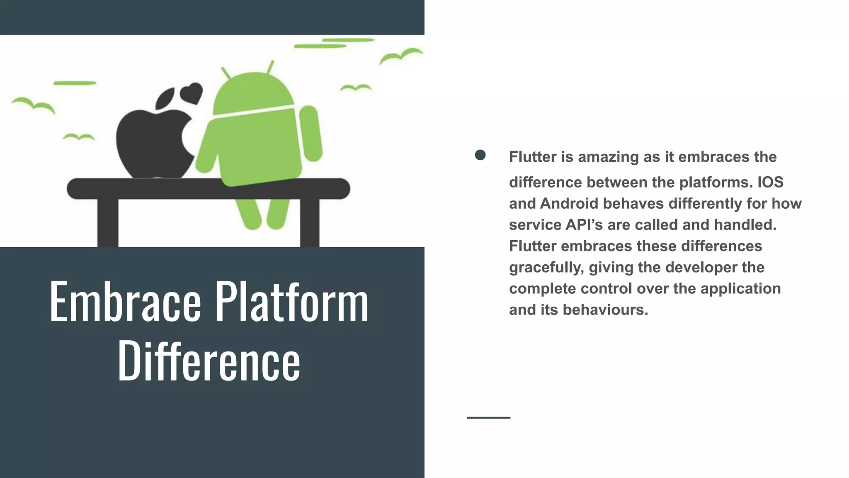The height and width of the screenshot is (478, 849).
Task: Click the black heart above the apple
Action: tap(192, 93)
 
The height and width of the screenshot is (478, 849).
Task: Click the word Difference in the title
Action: tap(209, 360)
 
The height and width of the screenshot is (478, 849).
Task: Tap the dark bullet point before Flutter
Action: tap(480, 155)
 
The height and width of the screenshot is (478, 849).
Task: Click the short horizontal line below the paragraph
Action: tap(488, 417)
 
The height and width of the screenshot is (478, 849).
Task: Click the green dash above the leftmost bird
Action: tap(75, 83)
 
